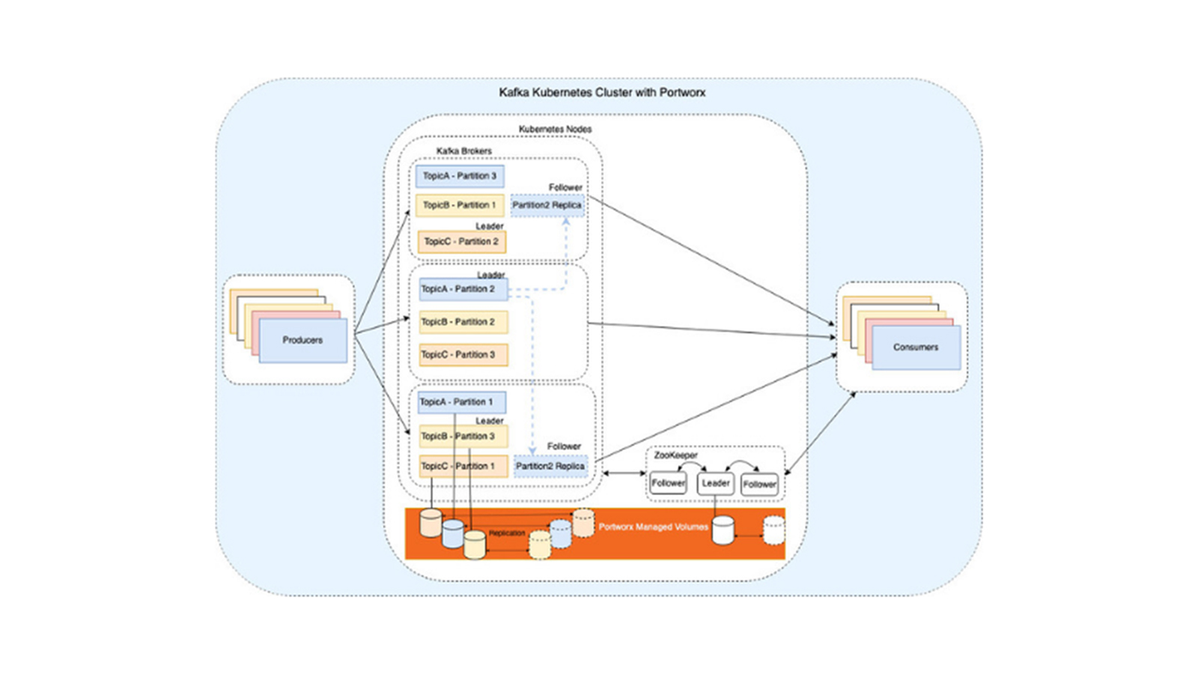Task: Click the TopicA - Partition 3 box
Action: (x=460, y=176)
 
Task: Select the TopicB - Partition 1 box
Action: (x=460, y=205)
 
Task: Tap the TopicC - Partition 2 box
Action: (x=461, y=242)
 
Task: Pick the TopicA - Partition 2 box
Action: (x=463, y=289)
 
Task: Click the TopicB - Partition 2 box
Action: (x=463, y=322)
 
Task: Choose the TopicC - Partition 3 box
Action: (x=463, y=355)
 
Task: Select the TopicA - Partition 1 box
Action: (x=461, y=402)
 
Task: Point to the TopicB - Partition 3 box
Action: (x=463, y=437)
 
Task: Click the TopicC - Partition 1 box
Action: (x=463, y=467)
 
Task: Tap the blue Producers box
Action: (x=303, y=341)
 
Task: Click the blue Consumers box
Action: (x=916, y=347)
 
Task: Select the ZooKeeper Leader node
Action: (x=716, y=484)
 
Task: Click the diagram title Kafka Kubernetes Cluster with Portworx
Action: (x=602, y=93)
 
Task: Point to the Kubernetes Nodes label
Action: (x=555, y=130)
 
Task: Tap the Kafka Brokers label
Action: (x=463, y=151)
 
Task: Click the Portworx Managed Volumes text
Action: (x=653, y=527)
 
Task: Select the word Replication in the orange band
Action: (x=507, y=533)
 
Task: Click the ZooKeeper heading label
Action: (x=675, y=455)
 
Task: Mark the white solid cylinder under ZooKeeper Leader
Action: (x=723, y=530)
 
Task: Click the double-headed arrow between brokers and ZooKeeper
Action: (x=624, y=473)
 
